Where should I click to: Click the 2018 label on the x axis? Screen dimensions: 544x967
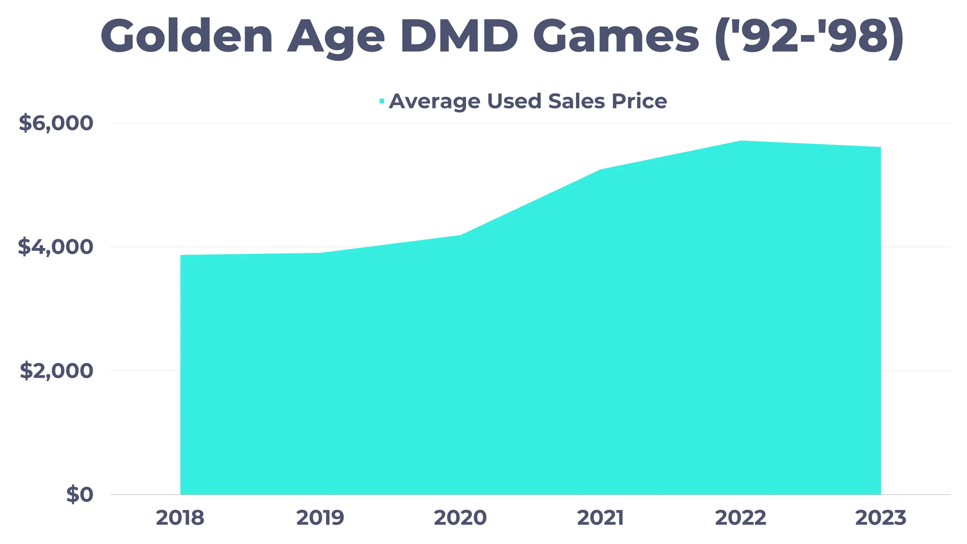click(180, 518)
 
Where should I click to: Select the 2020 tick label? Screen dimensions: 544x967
click(460, 518)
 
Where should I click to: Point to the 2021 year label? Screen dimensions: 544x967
click(600, 518)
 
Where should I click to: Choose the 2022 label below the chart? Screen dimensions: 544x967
click(740, 518)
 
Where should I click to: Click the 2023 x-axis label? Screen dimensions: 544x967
click(880, 518)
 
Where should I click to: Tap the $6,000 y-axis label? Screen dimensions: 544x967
click(56, 123)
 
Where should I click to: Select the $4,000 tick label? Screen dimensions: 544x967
click(56, 247)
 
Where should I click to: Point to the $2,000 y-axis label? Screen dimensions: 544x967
click(56, 371)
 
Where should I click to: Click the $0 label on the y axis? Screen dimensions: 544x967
click(80, 494)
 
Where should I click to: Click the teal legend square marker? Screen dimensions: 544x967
click(382, 101)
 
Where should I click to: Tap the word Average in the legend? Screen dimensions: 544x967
click(434, 101)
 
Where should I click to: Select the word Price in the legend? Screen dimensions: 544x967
click(639, 101)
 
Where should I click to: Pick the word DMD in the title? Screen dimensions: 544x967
click(459, 37)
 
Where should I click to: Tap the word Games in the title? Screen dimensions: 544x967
click(616, 37)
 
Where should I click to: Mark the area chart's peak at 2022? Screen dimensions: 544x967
click(741, 141)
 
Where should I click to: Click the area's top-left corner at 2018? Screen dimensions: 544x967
click(181, 256)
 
